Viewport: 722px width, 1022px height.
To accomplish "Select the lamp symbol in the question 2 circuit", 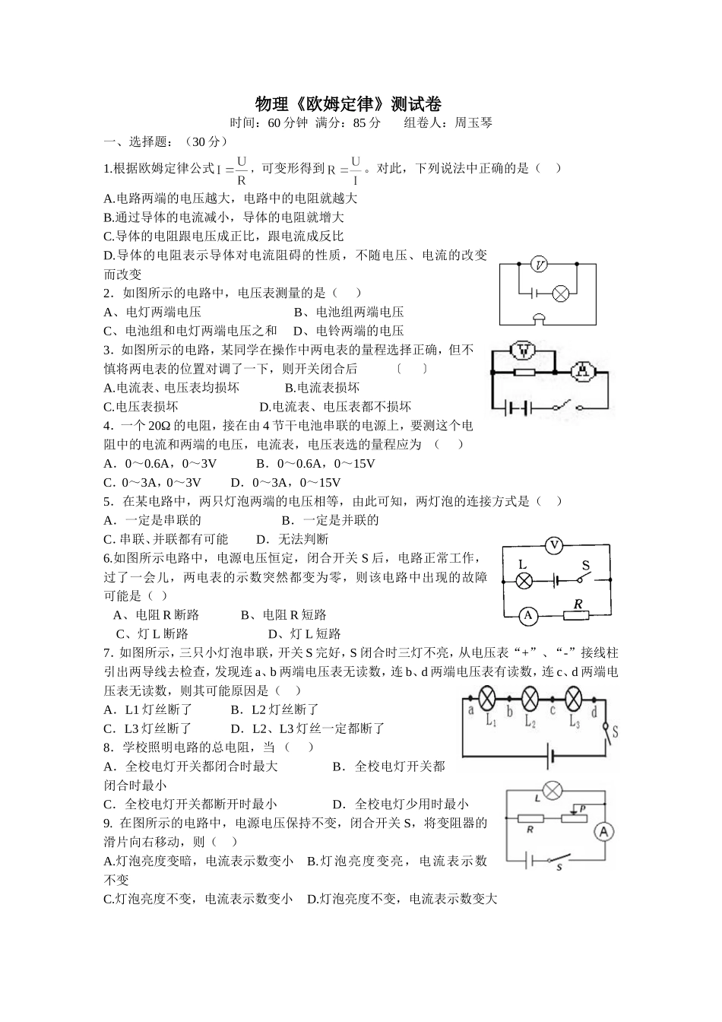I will (x=561, y=293).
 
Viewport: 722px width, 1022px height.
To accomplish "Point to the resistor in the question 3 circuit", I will (x=524, y=372).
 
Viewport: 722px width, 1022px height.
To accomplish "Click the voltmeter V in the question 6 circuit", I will (x=554, y=545).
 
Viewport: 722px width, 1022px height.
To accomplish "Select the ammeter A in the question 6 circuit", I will (x=528, y=615).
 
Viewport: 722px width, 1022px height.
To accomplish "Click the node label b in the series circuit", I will (x=509, y=712).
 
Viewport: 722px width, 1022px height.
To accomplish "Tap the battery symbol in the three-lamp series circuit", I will (x=551, y=756).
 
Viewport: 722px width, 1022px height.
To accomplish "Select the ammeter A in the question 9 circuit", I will (x=604, y=832).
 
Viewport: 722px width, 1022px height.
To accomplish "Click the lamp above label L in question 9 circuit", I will (x=553, y=791).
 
